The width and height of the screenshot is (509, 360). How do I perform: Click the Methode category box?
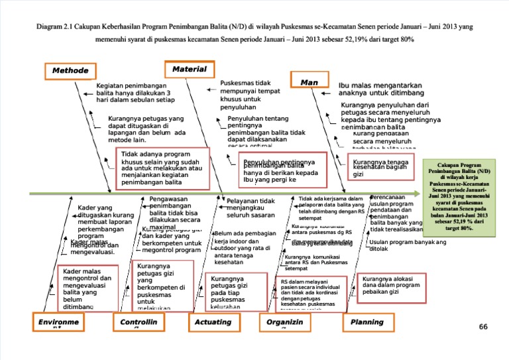click(x=70, y=70)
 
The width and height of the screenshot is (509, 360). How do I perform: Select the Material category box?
click(x=189, y=69)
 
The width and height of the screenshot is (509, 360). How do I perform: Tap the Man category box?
click(x=309, y=82)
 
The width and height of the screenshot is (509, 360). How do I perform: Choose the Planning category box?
click(x=367, y=322)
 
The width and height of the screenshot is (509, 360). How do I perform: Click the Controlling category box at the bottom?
click(x=139, y=322)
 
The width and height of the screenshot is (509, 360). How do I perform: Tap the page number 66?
click(x=482, y=327)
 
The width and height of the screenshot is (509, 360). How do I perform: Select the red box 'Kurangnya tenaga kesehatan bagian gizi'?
click(x=379, y=168)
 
